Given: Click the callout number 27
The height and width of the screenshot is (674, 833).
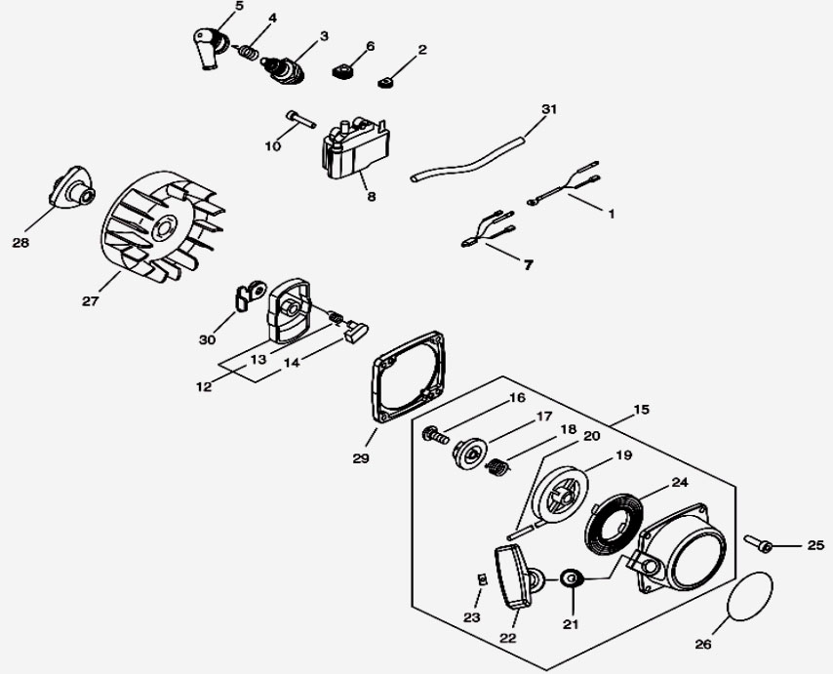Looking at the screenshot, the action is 91,301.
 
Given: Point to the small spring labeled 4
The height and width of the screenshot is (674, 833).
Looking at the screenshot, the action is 248,52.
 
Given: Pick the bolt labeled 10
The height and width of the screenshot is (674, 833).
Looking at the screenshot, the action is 300,120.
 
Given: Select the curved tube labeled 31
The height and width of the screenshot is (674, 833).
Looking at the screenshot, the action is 468,158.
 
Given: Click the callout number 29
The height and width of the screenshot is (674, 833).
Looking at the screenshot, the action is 361,457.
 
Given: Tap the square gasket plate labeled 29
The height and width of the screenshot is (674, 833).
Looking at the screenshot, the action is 409,377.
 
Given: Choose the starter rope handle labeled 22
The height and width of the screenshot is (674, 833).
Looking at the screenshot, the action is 513,576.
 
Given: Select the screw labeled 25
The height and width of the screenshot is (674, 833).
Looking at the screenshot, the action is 758,544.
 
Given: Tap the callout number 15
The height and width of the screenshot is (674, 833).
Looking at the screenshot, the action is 641,410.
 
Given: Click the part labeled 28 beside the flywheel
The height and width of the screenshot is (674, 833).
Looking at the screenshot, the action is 72,187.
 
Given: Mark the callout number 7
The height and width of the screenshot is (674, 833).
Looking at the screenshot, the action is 528,264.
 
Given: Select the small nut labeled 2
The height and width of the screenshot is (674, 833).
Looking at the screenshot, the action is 385,82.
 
